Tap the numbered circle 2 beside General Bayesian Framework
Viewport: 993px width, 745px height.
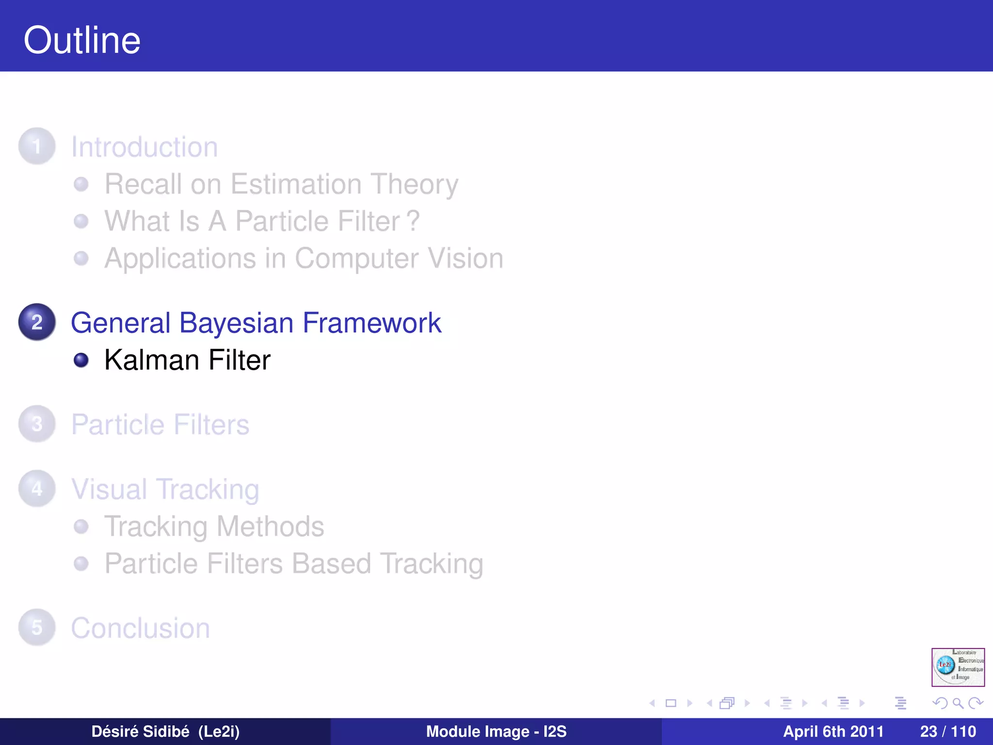37,322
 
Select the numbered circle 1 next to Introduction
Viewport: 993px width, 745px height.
37,146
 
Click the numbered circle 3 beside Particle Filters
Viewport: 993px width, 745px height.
37,424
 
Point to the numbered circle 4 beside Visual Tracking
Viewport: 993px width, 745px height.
37,488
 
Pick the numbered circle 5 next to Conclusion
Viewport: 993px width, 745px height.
37,627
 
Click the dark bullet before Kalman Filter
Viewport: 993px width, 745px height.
81,360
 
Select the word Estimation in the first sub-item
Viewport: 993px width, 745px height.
296,184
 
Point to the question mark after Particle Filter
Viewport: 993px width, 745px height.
413,221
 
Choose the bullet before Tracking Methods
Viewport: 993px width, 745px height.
81,526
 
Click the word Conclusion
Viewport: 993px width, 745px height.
141,628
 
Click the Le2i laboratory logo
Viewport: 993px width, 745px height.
958,667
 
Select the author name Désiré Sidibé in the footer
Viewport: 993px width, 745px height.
140,731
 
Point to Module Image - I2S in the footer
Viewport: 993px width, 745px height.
496,731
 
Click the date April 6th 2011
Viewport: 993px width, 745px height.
833,731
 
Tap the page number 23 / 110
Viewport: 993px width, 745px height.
947,731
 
